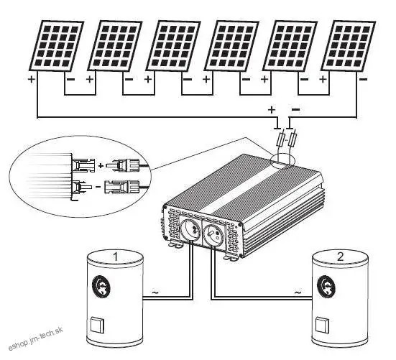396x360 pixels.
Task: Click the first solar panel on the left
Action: pos(50,45)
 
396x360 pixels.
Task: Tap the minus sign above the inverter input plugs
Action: pos(297,109)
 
